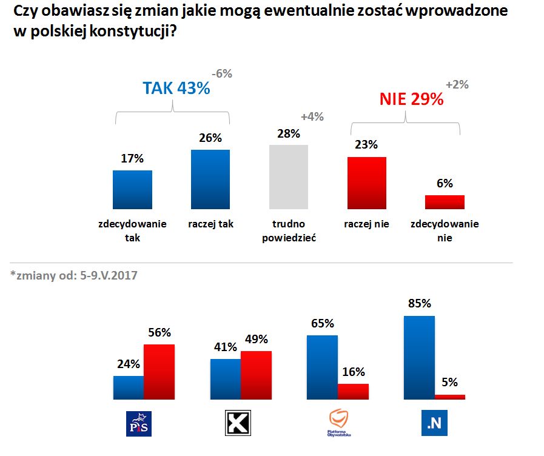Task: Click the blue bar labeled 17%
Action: [133, 190]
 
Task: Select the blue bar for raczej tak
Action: [210, 179]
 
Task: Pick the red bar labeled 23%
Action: [366, 183]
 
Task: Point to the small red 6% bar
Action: [445, 202]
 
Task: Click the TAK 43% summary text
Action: [176, 89]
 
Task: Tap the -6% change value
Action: [221, 74]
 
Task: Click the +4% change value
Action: [312, 117]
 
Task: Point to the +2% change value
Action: [457, 85]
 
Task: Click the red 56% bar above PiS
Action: [159, 372]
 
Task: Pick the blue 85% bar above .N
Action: [419, 358]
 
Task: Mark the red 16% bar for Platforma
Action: [353, 392]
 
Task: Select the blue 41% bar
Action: [225, 380]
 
